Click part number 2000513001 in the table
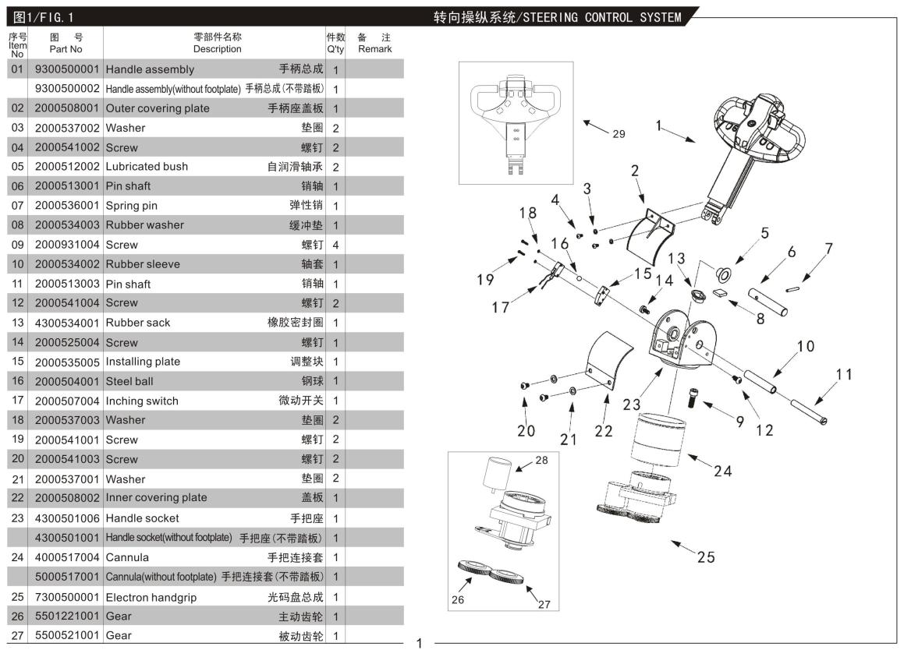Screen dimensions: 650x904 tap(66, 186)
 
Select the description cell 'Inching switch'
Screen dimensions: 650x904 tap(142, 401)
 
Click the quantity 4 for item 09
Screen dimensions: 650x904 tap(335, 245)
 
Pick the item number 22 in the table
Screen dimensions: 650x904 tap(17, 498)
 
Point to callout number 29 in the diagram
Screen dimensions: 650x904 tap(618, 134)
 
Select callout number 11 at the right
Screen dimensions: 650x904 tap(845, 375)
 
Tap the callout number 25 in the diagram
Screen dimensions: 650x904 tap(705, 556)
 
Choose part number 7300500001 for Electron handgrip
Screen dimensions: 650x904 tap(66, 598)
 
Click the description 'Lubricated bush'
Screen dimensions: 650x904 tap(147, 167)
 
